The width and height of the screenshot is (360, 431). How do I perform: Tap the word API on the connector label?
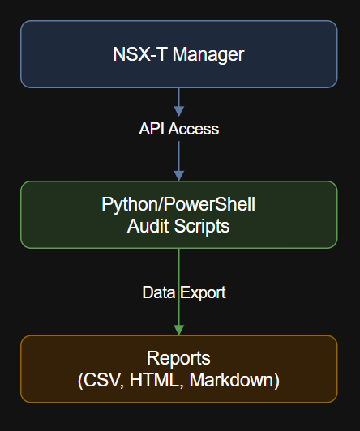click(152, 129)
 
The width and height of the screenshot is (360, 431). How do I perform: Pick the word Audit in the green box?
click(148, 226)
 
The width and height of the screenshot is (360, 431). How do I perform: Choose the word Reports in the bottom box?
click(178, 358)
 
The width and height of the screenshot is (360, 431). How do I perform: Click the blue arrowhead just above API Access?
click(179, 109)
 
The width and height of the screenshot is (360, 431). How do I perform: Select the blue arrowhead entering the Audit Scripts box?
click(179, 174)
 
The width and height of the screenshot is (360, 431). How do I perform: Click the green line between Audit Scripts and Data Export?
click(179, 264)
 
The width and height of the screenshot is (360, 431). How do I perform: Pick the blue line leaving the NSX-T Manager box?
click(179, 95)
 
